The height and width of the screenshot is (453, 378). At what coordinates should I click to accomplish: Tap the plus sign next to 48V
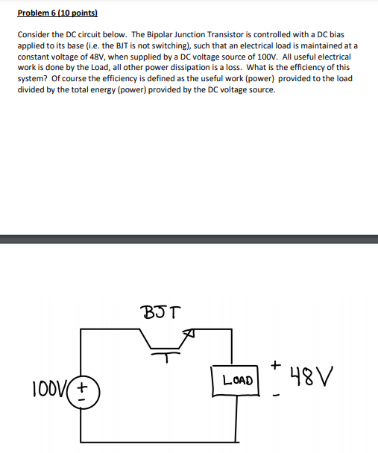pos(276,366)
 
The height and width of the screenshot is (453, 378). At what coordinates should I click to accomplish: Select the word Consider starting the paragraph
pos(34,35)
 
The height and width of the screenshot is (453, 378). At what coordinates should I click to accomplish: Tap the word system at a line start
pos(31,78)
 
